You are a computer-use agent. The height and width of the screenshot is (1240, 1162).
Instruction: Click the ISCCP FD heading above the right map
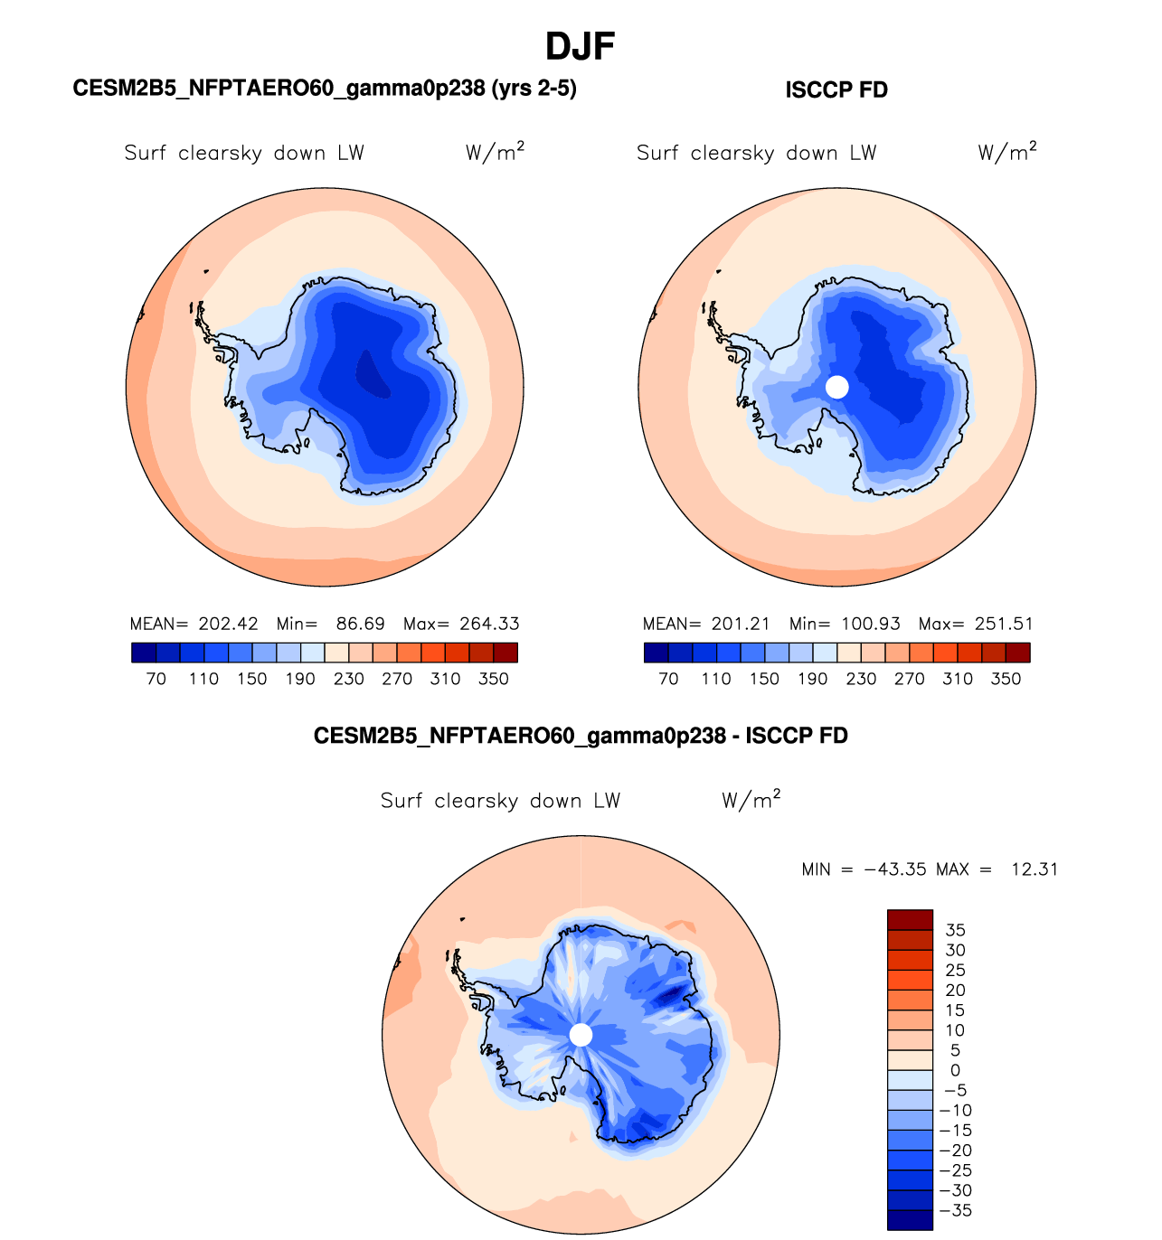point(836,90)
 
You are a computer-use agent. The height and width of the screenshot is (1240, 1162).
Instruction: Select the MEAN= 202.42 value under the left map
point(194,624)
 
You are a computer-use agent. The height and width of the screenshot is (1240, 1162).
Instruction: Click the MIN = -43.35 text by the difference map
point(864,869)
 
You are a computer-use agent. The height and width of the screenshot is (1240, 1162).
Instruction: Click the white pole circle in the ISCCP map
point(837,387)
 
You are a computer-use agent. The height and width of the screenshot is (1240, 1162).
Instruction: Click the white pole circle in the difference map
point(581,1035)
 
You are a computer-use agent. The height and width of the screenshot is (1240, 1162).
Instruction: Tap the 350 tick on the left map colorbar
point(494,679)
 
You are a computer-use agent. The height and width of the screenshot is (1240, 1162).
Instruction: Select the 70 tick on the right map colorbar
point(668,679)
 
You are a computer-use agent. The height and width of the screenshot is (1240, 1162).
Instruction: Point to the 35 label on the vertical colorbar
point(955,930)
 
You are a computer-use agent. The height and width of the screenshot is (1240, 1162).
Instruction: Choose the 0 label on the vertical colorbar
point(955,1070)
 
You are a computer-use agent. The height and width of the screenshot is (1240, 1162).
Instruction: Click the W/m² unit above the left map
point(495,152)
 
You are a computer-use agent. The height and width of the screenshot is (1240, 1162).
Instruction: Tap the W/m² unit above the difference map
point(751,800)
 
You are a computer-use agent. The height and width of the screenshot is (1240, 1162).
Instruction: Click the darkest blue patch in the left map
point(372,372)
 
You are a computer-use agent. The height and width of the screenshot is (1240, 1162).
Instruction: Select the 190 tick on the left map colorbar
point(300,679)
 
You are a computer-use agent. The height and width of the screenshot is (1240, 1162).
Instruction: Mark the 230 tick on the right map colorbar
point(861,679)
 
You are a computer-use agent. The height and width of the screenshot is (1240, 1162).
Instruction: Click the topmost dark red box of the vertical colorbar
point(910,920)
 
